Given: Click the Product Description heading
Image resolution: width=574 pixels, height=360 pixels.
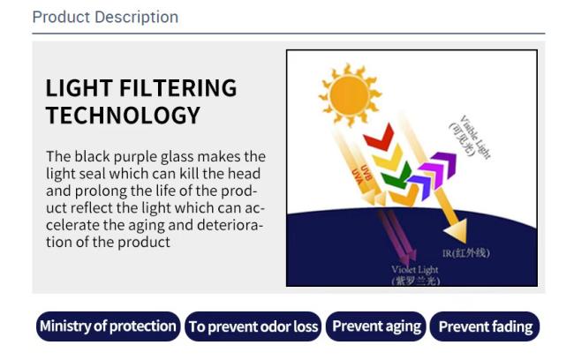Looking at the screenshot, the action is tap(105, 17).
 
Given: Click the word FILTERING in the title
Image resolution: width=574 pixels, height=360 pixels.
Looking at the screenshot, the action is tap(177, 88).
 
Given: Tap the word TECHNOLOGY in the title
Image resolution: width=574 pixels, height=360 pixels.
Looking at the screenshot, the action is tap(123, 116).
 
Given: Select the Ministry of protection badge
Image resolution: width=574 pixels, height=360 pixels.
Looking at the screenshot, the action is tap(108, 326).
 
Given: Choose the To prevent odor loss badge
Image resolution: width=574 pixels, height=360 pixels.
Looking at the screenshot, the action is tap(253, 326).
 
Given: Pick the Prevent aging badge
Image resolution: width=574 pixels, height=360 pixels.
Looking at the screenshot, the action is tap(376, 326).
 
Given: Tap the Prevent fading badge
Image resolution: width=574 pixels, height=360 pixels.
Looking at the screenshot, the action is tap(485, 326).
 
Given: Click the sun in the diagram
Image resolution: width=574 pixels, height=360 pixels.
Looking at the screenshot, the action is tap(349, 95).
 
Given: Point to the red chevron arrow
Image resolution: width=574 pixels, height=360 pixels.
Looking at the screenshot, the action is tap(380, 138).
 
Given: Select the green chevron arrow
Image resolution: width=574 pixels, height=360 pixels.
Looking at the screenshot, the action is tap(397, 176).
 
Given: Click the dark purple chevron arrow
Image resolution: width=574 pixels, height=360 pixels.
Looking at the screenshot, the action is tap(443, 165).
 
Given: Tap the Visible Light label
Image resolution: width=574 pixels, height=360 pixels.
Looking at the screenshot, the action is tap(470, 137).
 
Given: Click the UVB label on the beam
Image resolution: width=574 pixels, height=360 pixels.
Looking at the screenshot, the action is tap(366, 172).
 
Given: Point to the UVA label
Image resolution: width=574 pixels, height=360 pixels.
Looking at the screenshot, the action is tap(358, 176).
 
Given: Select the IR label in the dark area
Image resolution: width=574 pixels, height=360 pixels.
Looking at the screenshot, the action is tap(465, 253).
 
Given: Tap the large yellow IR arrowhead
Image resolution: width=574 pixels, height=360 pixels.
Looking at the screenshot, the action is tap(456, 230).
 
